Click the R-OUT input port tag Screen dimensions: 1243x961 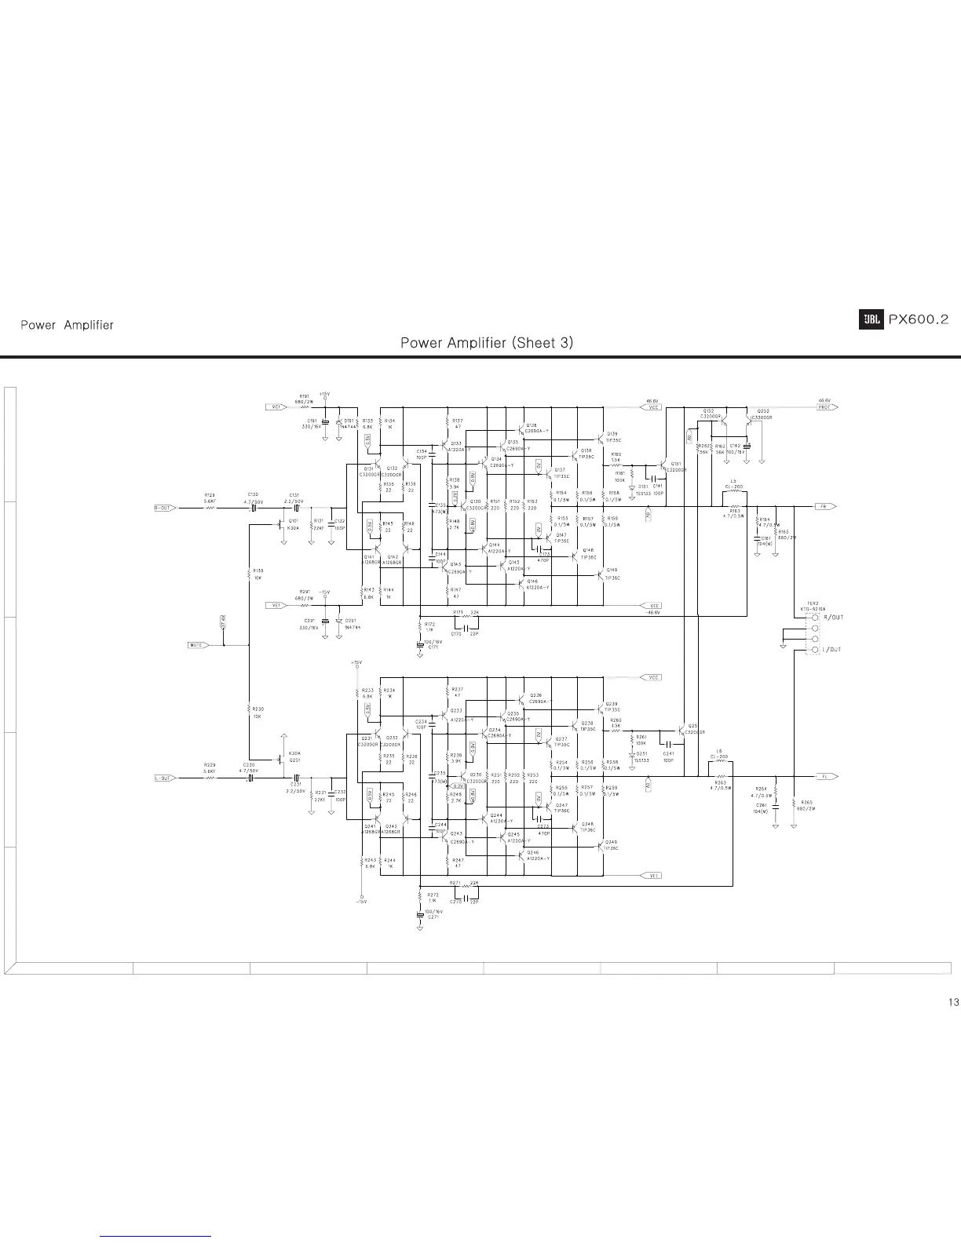163,508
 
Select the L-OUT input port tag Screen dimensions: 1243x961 163,778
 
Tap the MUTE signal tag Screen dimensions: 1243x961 196,645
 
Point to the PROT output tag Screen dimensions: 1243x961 827,407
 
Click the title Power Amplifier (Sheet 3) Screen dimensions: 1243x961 487,343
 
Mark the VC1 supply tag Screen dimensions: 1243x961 276,407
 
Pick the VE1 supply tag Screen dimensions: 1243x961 276,605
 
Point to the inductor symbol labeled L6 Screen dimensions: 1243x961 720,762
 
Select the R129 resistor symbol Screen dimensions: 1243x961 210,508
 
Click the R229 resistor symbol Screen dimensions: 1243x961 210,778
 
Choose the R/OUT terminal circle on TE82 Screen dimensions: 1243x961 816,618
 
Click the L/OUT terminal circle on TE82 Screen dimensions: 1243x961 816,651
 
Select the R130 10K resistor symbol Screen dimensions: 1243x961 248,572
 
